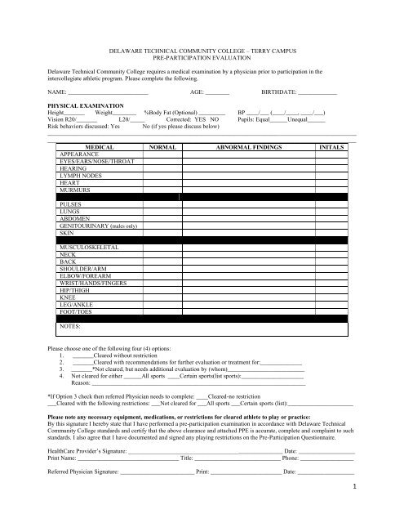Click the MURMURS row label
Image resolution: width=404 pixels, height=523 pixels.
76,190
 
